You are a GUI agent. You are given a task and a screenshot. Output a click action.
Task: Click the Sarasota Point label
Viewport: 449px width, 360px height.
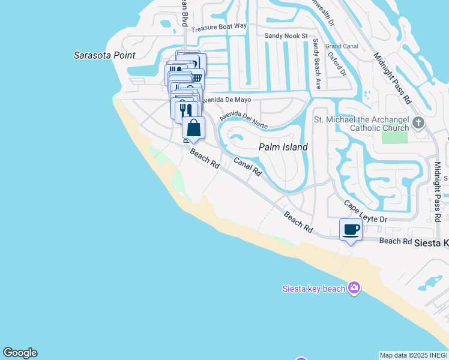coord(104,55)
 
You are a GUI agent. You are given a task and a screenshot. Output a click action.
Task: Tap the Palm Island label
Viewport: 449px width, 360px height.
coord(283,147)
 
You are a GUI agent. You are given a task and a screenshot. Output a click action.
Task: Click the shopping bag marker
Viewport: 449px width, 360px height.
coord(193,128)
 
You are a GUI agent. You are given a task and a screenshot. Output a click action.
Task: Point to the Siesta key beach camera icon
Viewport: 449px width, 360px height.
coord(354,289)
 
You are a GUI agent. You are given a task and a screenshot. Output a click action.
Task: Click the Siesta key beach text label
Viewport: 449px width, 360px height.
coord(314,289)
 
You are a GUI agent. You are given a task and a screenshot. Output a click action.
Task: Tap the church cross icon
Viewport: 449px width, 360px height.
coord(418,124)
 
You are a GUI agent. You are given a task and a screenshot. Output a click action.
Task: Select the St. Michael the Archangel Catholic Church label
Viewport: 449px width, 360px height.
coord(361,124)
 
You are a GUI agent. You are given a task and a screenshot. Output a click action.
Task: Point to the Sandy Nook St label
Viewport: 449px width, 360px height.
coord(286,36)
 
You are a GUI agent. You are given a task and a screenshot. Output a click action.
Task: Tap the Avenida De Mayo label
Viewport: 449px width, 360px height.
coord(225,100)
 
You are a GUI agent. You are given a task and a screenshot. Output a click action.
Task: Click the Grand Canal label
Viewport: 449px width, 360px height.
coord(342,46)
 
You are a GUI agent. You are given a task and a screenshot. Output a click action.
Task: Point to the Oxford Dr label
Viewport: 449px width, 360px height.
coord(337,64)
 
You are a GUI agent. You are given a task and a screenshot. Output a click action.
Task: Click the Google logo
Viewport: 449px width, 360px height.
coord(20,353)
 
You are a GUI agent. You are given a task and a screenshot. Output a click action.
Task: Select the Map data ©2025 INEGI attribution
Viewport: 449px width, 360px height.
coord(414,355)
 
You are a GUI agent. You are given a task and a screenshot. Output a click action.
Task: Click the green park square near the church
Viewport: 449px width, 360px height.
coord(394,136)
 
